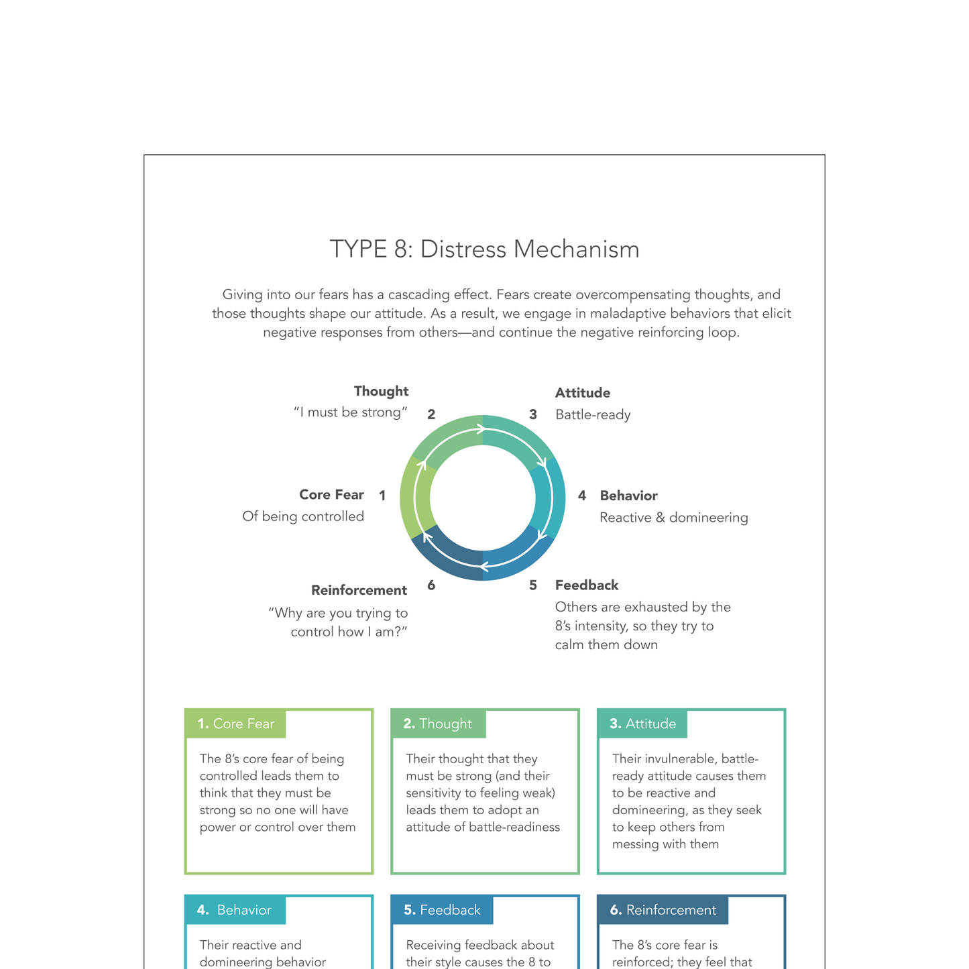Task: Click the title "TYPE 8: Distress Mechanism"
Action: [x=484, y=249]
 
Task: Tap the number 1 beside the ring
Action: [x=382, y=496]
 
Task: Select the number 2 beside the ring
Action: [x=431, y=415]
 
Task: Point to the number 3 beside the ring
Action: [x=533, y=415]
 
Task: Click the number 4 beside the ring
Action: [x=582, y=496]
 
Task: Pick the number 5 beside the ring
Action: [x=533, y=585]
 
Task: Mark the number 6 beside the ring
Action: [x=431, y=585]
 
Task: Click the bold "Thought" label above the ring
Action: [x=381, y=391]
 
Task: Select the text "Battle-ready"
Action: [x=593, y=415]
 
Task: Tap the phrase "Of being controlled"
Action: [x=303, y=516]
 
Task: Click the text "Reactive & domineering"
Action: [x=673, y=518]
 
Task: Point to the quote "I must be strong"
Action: [x=351, y=412]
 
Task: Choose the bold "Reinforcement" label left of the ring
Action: [x=359, y=590]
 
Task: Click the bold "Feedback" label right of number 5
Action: [x=587, y=585]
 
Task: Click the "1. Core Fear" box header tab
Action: [x=235, y=724]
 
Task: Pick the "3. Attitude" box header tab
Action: [x=642, y=724]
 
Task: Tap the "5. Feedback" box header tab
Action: [x=442, y=910]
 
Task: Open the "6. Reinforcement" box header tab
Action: [x=663, y=910]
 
